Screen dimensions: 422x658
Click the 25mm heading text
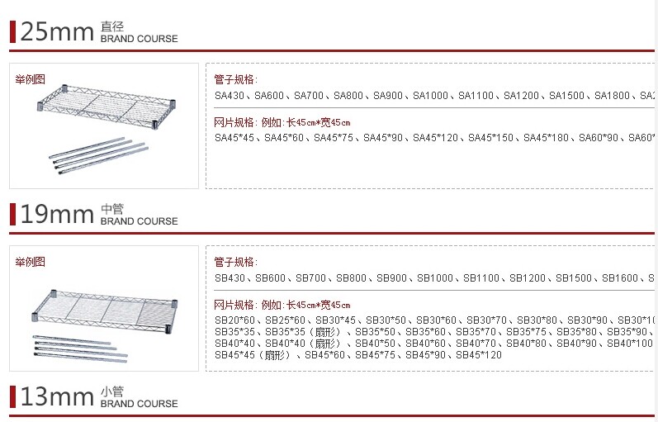[56, 31]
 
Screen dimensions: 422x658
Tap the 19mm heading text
[56, 215]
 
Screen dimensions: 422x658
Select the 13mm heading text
[56, 397]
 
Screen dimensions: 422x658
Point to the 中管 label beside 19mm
[111, 210]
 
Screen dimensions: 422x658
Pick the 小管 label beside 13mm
[111, 392]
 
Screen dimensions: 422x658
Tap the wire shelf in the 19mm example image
[102, 307]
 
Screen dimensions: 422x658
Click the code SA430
[230, 96]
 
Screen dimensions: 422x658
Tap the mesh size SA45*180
[546, 137]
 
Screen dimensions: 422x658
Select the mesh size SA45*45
[234, 137]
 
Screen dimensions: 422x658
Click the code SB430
[230, 278]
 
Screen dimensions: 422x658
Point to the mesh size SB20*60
[234, 320]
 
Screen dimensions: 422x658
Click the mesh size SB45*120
[480, 355]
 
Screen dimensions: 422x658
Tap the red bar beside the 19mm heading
[12, 215]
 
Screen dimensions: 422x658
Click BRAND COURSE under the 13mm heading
[139, 404]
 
